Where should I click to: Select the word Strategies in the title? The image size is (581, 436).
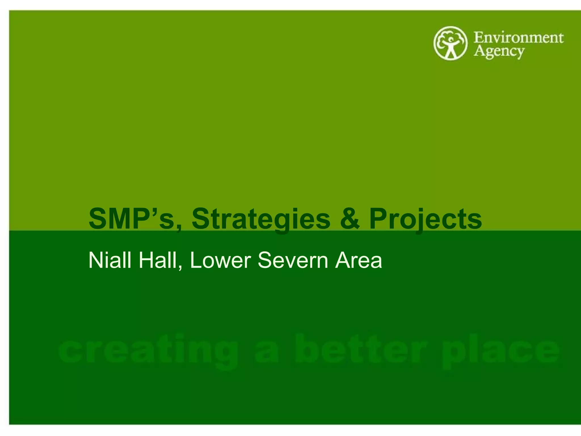pyautogui.click(x=261, y=219)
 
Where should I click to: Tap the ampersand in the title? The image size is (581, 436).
pyautogui.click(x=350, y=219)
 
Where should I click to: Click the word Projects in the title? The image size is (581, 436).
pyautogui.click(x=426, y=219)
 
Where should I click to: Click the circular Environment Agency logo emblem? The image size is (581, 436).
pyautogui.click(x=450, y=43)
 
